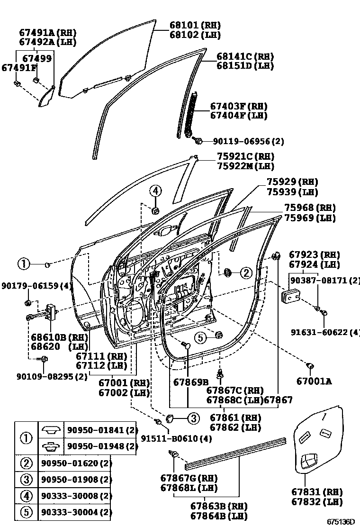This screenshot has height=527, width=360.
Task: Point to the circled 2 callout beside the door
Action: (x=246, y=273)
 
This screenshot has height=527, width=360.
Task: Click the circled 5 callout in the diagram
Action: (x=201, y=337)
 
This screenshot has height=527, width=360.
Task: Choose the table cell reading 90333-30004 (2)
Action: (x=76, y=512)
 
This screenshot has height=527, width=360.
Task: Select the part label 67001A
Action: (x=314, y=380)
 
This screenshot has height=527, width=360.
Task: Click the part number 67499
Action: (x=37, y=58)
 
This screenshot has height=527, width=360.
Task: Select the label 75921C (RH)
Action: (x=245, y=156)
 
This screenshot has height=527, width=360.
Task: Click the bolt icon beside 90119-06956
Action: (x=198, y=140)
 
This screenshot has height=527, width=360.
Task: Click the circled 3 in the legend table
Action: (x=26, y=480)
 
